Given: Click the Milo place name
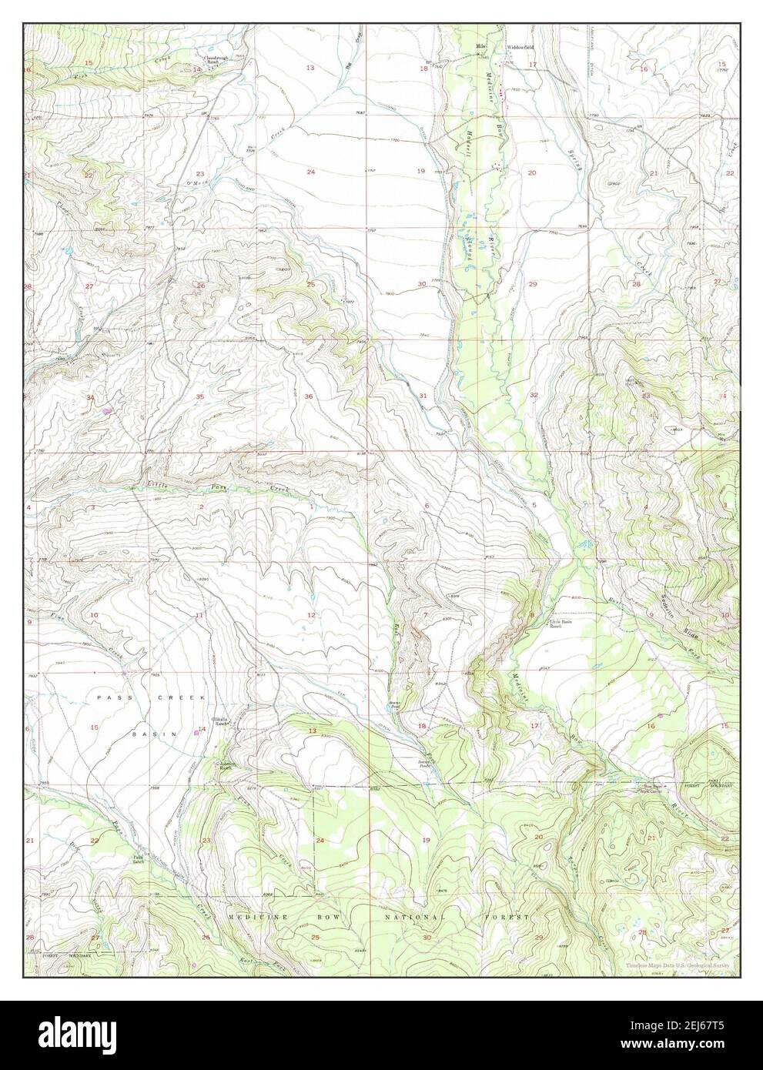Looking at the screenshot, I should tap(482, 48).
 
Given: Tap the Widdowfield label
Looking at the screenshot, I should tap(520, 48).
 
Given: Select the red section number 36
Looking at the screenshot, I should tap(309, 396).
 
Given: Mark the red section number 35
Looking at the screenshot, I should tap(199, 396).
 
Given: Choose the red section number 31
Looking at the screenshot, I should tap(423, 396).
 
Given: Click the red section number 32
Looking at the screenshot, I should tap(533, 395).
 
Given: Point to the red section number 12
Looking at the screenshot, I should tap(311, 614).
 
